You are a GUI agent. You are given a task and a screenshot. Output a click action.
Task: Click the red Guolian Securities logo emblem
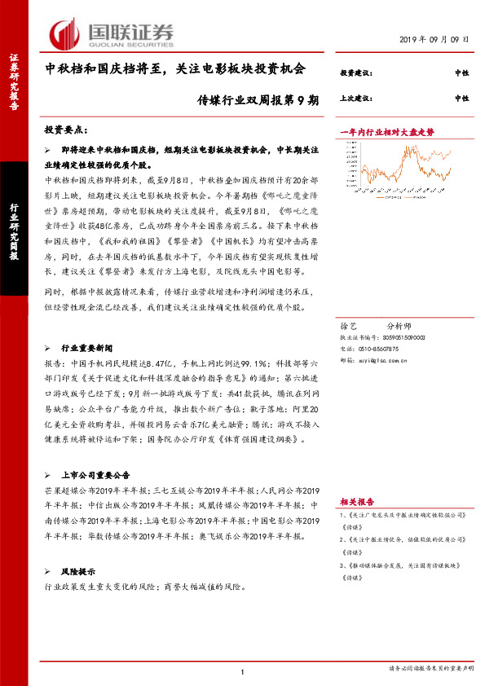64,32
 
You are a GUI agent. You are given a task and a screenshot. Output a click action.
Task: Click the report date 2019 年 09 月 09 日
435,39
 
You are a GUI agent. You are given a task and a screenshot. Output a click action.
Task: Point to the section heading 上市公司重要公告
102,474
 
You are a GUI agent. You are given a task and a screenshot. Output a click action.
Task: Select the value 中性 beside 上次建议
461,99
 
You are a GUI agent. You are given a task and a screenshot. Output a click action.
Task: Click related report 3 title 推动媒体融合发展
408,565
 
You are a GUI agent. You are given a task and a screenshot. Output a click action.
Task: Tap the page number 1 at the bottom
243,671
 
